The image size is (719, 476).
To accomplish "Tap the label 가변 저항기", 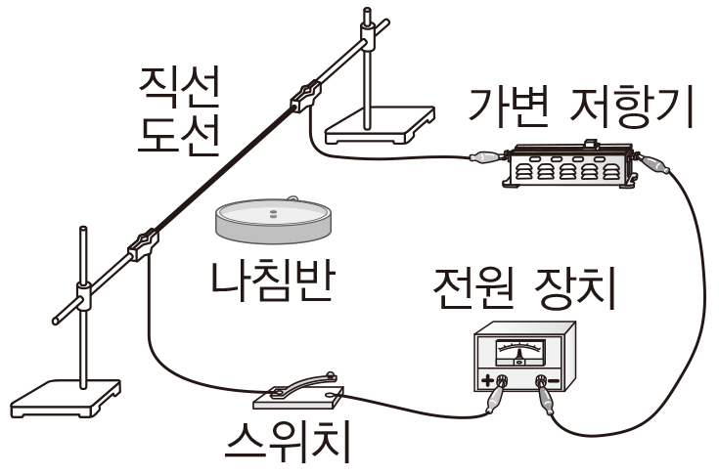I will pyautogui.click(x=581, y=108).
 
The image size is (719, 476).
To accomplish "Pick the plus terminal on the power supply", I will pyautogui.click(x=502, y=380).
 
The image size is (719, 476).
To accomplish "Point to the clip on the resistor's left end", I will pyautogui.click(x=484, y=155).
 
